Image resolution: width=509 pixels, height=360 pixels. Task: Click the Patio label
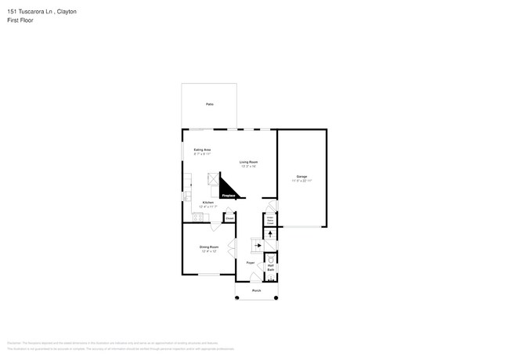tap(209, 103)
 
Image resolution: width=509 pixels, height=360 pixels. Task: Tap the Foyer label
tap(251, 263)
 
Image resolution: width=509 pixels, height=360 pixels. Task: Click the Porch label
tap(256, 290)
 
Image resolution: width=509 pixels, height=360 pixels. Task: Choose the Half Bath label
tap(270, 268)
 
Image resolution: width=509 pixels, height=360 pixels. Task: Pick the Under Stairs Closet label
tap(270, 221)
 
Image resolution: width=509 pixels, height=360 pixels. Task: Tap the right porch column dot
tap(276, 298)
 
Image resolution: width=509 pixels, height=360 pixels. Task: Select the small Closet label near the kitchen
tap(229, 219)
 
